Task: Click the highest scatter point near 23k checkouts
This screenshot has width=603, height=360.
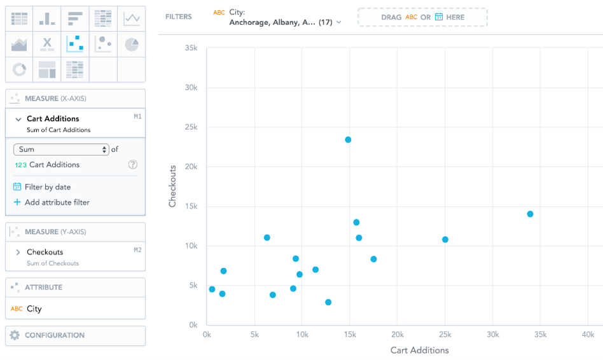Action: [348, 140]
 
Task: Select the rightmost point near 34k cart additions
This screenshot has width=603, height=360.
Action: [530, 214]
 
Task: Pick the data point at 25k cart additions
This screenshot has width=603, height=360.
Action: [445, 240]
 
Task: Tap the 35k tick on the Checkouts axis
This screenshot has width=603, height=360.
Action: [190, 48]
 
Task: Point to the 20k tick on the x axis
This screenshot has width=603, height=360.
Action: [398, 335]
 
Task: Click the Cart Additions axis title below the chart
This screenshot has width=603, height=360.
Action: [419, 350]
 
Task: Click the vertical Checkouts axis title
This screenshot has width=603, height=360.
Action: [172, 186]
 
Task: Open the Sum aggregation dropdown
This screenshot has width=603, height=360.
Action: [61, 149]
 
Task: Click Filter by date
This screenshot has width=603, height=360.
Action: [48, 187]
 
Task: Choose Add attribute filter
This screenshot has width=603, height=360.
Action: [57, 202]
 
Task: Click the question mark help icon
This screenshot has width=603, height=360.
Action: [133, 165]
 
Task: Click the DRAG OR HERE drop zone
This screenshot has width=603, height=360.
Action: [422, 17]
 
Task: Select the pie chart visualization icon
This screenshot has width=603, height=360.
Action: [132, 44]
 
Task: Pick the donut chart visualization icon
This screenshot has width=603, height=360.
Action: [20, 69]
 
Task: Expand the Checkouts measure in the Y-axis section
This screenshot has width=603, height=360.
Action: [18, 252]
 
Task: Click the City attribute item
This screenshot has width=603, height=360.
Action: [34, 308]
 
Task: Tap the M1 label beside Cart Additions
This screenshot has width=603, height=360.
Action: [137, 117]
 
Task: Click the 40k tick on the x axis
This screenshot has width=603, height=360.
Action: [588, 335]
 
